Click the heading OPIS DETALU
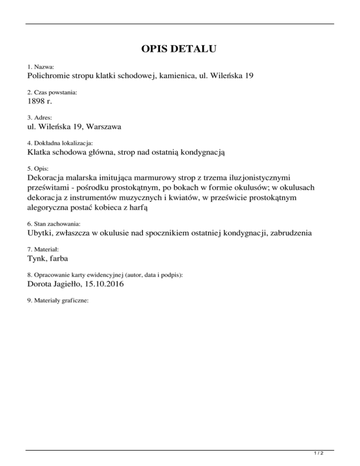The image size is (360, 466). coord(180,49)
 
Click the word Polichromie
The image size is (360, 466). coord(48,76)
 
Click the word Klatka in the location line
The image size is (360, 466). coord(39,152)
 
